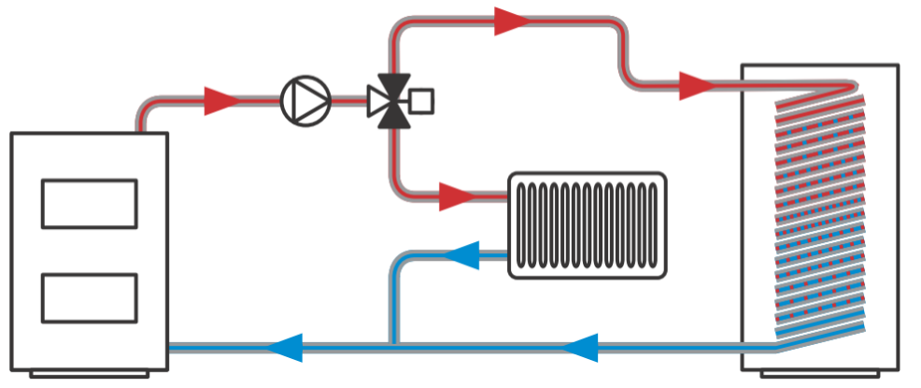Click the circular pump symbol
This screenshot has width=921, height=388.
[x=306, y=100]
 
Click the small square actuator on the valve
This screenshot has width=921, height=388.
[x=422, y=100]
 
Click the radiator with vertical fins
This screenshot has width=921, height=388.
[x=587, y=224]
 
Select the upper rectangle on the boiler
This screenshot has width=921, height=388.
[x=90, y=203]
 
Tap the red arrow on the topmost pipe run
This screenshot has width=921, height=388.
[x=512, y=21]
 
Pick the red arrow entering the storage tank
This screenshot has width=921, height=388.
[x=696, y=86]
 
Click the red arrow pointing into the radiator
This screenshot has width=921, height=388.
[x=458, y=197]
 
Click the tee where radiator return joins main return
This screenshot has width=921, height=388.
[x=394, y=347]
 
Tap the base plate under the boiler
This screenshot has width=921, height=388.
[x=90, y=375]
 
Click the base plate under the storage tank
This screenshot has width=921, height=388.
[x=818, y=375]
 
